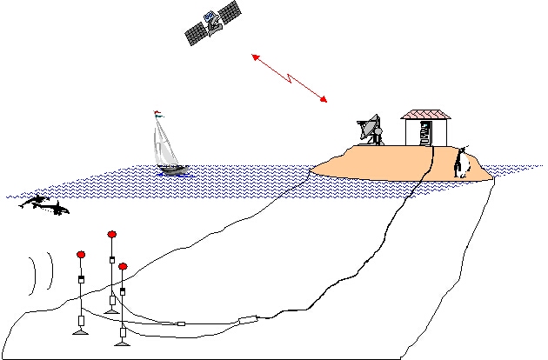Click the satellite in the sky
[212, 23]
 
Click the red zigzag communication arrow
[289, 77]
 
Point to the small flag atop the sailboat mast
[157, 112]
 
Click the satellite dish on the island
[372, 129]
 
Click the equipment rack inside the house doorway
[424, 133]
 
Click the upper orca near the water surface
[34, 202]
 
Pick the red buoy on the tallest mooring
[111, 234]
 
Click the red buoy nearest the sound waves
[81, 255]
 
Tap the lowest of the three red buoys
[123, 266]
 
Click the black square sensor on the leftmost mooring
[81, 279]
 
